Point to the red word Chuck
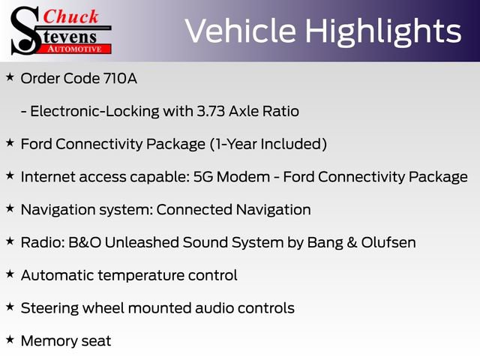coord(71,16)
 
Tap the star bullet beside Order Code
coord(10,77)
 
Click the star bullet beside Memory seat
coord(10,340)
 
